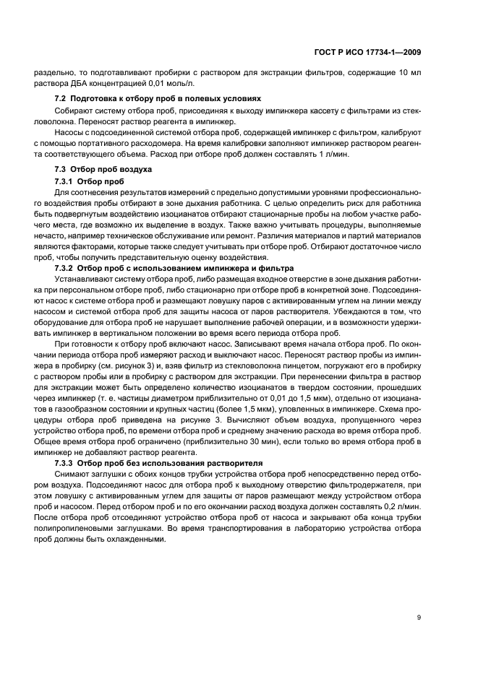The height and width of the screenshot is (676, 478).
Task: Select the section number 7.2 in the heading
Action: (61, 98)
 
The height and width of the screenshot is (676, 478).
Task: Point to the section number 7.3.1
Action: (66, 181)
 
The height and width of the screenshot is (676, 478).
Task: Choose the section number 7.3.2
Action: (66, 268)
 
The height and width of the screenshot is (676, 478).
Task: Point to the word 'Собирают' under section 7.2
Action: (71, 110)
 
